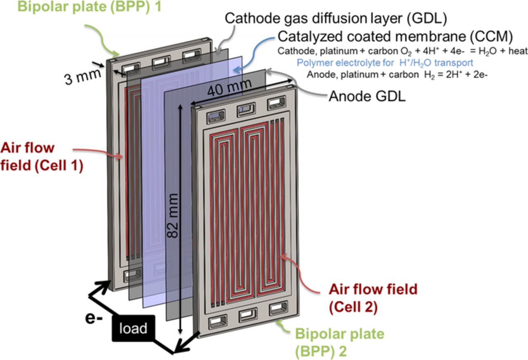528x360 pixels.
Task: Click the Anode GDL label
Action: point(367,96)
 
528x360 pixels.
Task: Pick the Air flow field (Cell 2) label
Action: point(373,298)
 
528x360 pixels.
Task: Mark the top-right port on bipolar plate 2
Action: point(276,104)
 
